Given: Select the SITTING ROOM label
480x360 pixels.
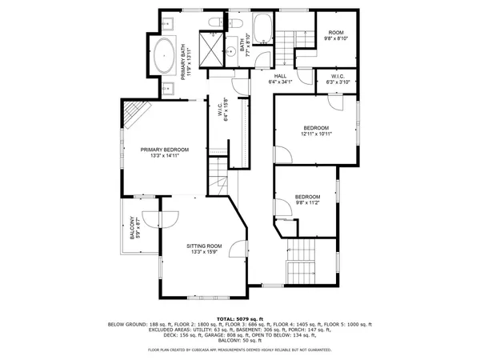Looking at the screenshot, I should pyautogui.click(x=205, y=249).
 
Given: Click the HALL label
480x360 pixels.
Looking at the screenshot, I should pyautogui.click(x=280, y=78).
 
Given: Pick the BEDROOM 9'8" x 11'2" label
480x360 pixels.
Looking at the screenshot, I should pyautogui.click(x=307, y=200).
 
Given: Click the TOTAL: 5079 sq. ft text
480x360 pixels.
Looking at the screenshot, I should pyautogui.click(x=239, y=318).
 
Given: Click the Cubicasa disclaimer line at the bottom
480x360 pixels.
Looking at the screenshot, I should pyautogui.click(x=239, y=350).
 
